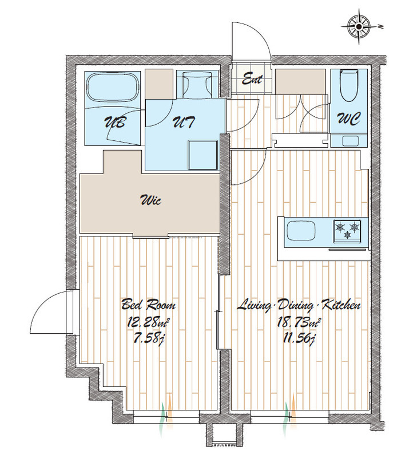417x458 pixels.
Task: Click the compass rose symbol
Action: (x=359, y=27)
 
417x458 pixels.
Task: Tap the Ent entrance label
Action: (x=252, y=79)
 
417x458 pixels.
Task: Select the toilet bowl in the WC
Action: (x=348, y=85)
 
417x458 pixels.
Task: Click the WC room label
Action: (x=349, y=119)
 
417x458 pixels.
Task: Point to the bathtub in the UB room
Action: (x=113, y=88)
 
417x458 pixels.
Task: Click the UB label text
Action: (x=115, y=122)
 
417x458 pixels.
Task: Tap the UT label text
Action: (x=183, y=122)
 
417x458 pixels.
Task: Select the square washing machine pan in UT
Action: (x=203, y=155)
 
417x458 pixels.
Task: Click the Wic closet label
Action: (x=150, y=200)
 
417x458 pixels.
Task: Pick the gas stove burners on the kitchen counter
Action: (x=347, y=231)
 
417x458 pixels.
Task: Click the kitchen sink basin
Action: (x=301, y=230)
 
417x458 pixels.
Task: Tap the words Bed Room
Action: (x=149, y=305)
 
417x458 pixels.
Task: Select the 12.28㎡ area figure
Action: (x=149, y=322)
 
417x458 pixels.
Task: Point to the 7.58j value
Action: (x=148, y=339)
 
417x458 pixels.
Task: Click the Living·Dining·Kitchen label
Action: (x=299, y=305)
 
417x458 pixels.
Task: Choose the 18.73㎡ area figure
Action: (x=299, y=322)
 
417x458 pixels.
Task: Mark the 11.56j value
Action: (x=299, y=339)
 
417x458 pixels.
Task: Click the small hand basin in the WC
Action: (x=350, y=141)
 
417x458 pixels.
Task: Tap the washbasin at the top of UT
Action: (x=197, y=84)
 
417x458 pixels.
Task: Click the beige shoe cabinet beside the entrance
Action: (x=300, y=81)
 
